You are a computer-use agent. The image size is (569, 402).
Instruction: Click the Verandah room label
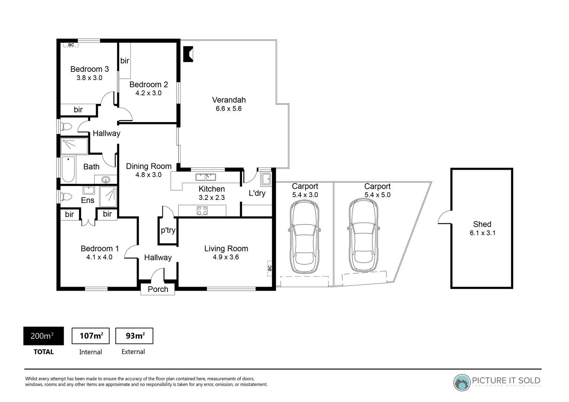[229, 100]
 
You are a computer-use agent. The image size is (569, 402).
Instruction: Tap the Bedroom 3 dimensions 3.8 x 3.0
[89, 78]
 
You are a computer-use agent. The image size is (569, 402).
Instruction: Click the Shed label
[482, 224]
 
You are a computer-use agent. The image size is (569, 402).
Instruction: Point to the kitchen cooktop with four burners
[202, 211]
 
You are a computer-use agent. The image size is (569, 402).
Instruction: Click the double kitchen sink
[206, 177]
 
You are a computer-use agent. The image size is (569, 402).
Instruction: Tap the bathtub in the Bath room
[68, 170]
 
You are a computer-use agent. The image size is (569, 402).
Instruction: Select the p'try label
[168, 230]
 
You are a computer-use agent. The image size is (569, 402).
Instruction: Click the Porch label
[158, 289]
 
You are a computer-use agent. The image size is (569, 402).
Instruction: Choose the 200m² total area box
[44, 336]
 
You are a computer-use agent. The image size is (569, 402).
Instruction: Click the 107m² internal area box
[90, 336]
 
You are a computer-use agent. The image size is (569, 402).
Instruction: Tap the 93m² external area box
[134, 336]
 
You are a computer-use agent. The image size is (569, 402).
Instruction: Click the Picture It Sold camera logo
[462, 382]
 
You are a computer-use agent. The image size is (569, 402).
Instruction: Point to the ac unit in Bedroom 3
[71, 45]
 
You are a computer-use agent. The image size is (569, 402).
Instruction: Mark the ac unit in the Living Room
[270, 268]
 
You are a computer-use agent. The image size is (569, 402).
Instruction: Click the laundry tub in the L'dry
[266, 179]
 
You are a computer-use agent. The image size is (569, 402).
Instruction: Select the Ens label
[88, 200]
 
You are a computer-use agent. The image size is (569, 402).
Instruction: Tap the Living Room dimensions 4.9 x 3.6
[226, 257]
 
